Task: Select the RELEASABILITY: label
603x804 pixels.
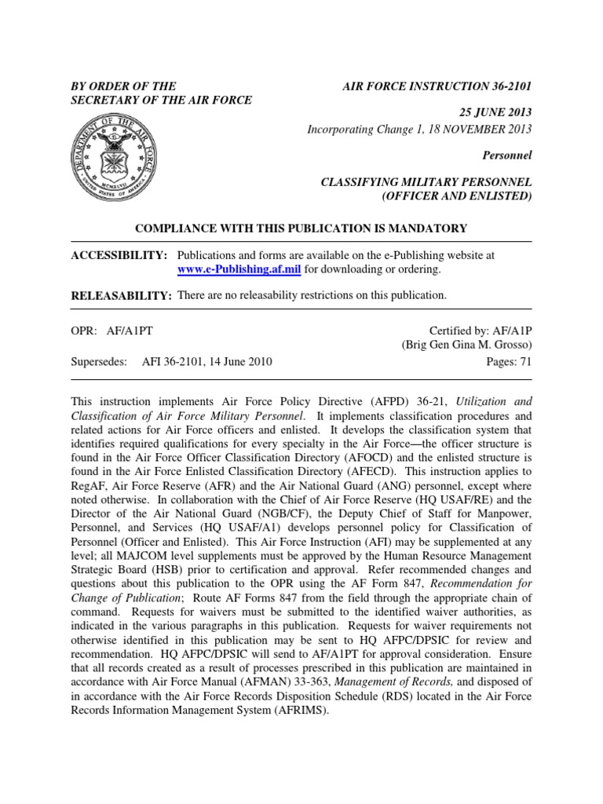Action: tap(121, 295)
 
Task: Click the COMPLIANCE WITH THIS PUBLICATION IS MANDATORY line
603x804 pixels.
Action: tap(301, 228)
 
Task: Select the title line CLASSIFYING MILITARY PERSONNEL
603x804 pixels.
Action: tap(426, 181)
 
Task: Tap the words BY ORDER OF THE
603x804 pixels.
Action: tap(123, 86)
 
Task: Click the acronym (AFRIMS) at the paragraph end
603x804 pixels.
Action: tap(299, 711)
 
